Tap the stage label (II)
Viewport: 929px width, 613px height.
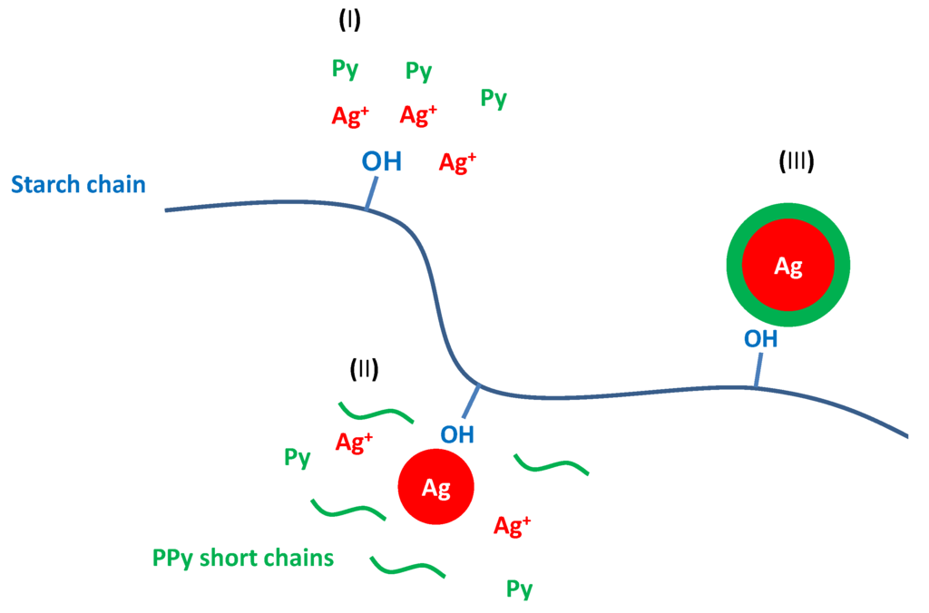coord(364,368)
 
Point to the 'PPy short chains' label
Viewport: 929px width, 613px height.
coord(244,557)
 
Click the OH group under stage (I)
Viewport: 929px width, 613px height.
coord(381,162)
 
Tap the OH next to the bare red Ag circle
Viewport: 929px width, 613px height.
coord(457,433)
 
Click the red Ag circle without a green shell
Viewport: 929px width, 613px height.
coord(436,488)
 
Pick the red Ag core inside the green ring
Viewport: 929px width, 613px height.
coord(787,266)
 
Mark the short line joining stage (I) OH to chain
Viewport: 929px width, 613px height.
coord(369,195)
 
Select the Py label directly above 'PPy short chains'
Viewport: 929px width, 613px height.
coord(298,457)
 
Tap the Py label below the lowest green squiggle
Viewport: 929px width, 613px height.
coord(519,589)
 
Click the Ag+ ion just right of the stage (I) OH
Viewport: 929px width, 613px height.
coord(457,162)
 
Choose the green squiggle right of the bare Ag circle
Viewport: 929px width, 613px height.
coord(552,464)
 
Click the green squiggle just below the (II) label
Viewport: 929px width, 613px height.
coord(376,413)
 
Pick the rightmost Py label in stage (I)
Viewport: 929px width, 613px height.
coord(494,98)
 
